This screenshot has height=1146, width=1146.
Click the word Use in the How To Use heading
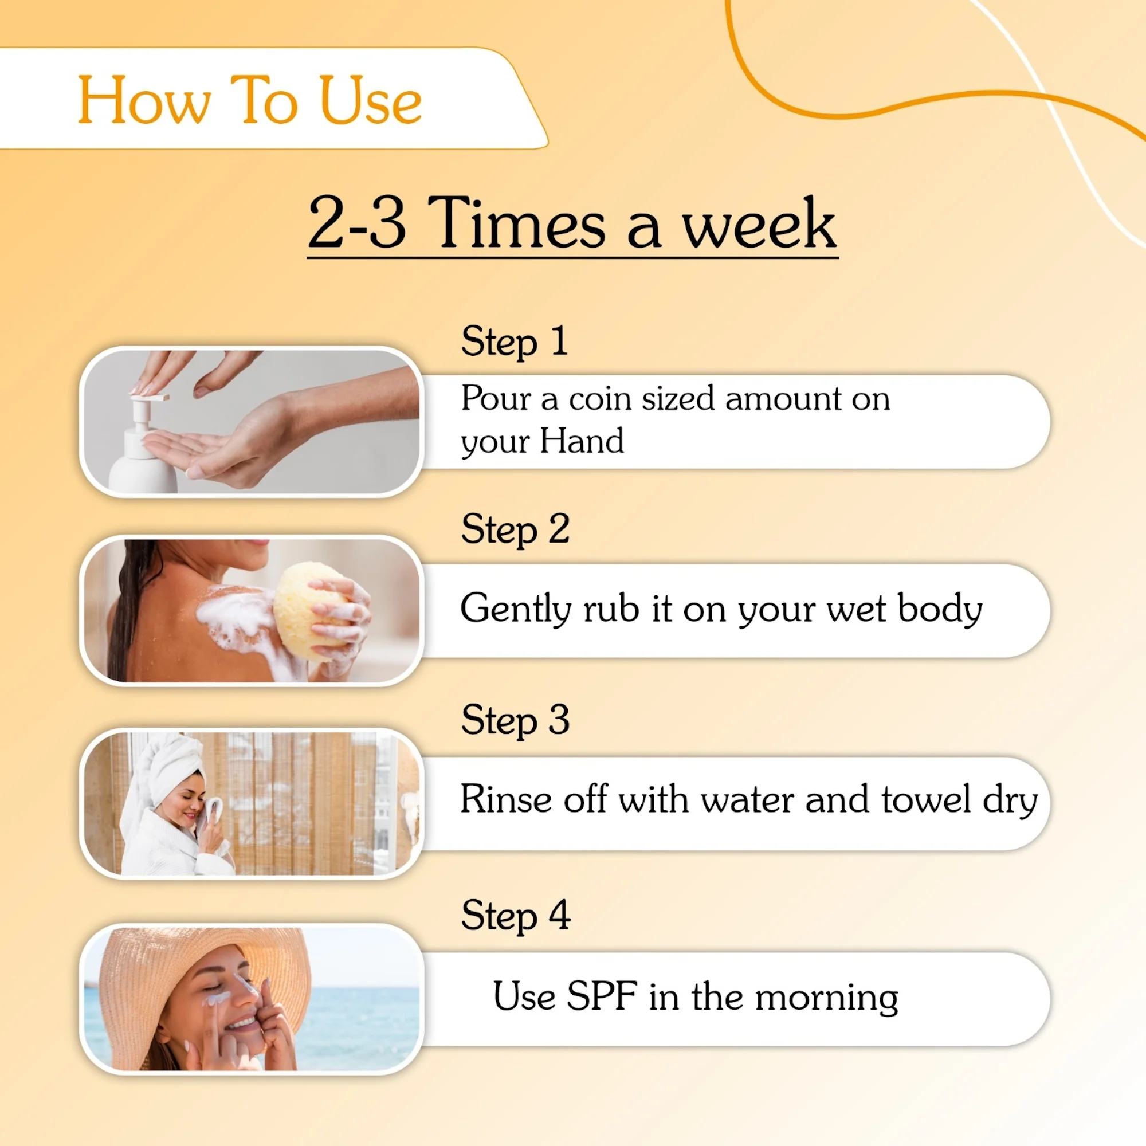point(371,101)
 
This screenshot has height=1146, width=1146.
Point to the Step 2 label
point(515,529)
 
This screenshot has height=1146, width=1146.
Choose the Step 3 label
point(515,721)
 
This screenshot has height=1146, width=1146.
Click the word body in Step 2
point(940,610)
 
